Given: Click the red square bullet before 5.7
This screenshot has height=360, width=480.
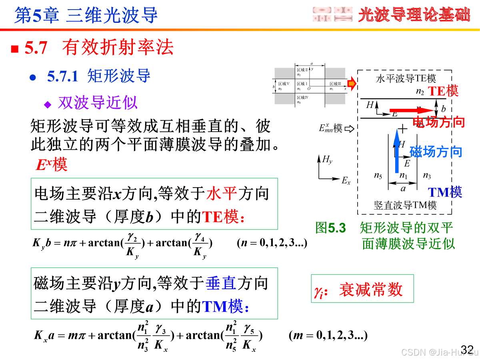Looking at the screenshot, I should (x=15, y=49).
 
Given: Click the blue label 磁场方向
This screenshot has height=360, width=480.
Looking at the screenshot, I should (x=436, y=152).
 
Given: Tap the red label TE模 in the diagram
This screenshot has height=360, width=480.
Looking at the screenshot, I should (x=443, y=91).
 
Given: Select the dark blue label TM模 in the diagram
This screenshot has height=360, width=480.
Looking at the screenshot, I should (x=445, y=192).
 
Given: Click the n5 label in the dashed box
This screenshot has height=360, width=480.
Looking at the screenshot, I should (x=378, y=176).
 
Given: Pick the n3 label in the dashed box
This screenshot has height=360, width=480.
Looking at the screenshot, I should (x=427, y=176).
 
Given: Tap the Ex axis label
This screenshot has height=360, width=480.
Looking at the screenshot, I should (x=346, y=181).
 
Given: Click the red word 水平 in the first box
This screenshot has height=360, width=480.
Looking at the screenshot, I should (x=222, y=194).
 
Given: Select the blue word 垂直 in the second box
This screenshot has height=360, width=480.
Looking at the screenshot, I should (x=221, y=283).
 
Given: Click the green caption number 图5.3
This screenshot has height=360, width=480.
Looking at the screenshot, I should (x=330, y=228).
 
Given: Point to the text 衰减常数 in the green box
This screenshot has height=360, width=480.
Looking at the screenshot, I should (x=371, y=290).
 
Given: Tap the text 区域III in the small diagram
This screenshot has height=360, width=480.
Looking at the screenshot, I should (x=335, y=84).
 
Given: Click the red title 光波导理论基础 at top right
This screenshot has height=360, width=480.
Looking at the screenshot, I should (x=414, y=15).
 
